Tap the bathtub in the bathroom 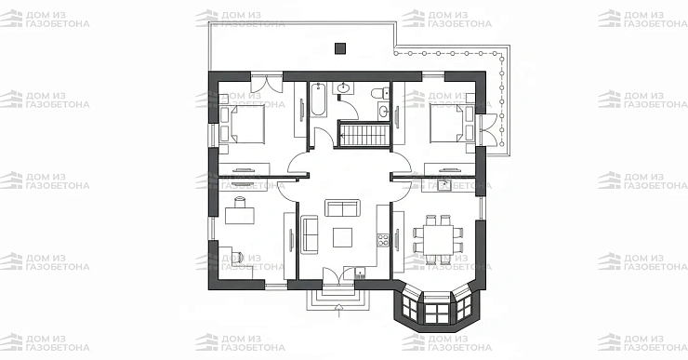click(318, 100)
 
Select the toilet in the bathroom click(380, 93)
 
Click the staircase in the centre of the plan click(364, 135)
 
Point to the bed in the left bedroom click(243, 125)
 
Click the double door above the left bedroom click(267, 83)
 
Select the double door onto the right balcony click(490, 130)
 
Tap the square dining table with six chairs click(438, 239)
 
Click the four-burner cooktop click(383, 241)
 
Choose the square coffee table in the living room click(342, 237)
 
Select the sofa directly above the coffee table click(342, 207)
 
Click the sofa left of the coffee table click(310, 234)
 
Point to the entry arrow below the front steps click(338, 310)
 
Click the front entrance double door click(338, 277)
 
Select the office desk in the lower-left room click(240, 215)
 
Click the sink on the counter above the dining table click(444, 185)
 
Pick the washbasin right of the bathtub click(344, 88)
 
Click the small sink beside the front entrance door click(360, 273)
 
